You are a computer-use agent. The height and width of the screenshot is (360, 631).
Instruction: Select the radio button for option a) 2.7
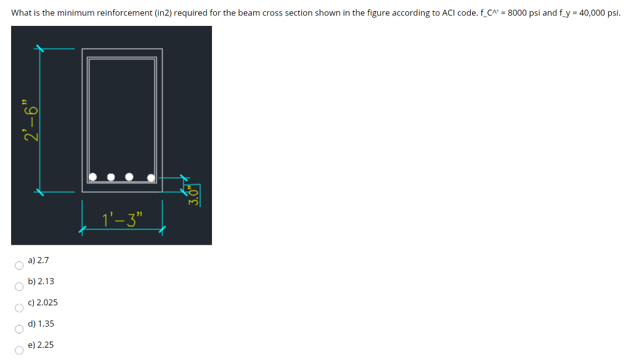(19, 266)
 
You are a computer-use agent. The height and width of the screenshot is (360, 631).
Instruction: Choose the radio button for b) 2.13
(19, 287)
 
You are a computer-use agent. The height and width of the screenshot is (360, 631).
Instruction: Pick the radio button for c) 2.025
(19, 308)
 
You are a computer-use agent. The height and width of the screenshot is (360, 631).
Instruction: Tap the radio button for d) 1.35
(19, 329)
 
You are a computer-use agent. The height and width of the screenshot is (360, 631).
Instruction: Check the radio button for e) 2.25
(19, 350)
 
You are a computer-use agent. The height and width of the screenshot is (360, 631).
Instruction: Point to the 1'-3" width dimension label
(123, 218)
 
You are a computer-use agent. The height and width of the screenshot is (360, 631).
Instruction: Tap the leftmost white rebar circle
(92, 177)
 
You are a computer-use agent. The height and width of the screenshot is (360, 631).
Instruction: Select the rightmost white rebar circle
(152, 178)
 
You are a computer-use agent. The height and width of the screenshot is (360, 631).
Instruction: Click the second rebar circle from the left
(111, 178)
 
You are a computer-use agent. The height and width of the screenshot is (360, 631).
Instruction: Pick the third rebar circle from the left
(129, 178)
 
